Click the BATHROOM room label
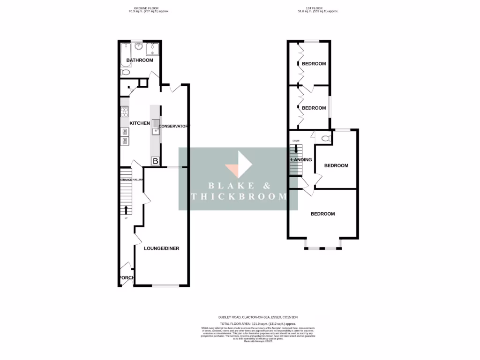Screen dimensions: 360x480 (x=140, y=60)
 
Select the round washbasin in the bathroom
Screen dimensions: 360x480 (x=139, y=46)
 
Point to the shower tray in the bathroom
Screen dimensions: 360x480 (x=153, y=49)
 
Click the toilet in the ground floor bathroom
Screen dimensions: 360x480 (x=126, y=73)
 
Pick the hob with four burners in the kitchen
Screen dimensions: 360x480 (x=125, y=112)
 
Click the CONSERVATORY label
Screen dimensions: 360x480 (x=173, y=127)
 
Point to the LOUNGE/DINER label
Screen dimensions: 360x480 (x=161, y=248)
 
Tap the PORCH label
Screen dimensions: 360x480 (x=126, y=278)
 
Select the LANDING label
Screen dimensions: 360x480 (x=301, y=160)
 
